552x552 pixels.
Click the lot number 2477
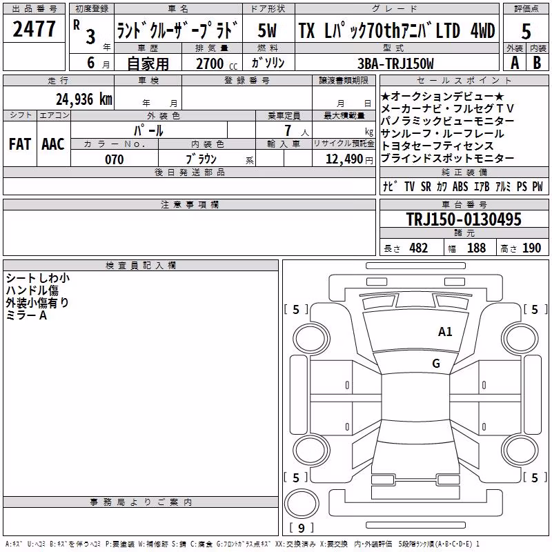tap(34, 29)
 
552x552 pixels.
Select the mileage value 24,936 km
tap(84, 99)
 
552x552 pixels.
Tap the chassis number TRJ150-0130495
tap(464, 219)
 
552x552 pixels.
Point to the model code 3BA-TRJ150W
tap(395, 63)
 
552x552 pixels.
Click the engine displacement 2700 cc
tap(217, 63)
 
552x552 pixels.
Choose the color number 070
tap(115, 159)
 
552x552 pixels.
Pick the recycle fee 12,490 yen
tap(349, 159)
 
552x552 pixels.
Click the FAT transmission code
tap(20, 144)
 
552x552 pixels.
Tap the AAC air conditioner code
tap(53, 144)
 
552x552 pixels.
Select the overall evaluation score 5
tap(526, 32)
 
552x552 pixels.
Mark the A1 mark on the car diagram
tap(445, 332)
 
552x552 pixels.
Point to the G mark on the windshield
tap(436, 363)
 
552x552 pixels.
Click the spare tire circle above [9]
tap(302, 503)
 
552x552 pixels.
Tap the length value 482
tap(418, 248)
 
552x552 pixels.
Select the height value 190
tap(531, 248)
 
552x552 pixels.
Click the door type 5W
tap(267, 30)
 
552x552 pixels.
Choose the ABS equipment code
tap(460, 186)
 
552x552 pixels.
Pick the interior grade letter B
tap(537, 63)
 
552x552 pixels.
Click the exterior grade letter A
tap(515, 63)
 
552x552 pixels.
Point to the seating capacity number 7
tap(288, 130)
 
